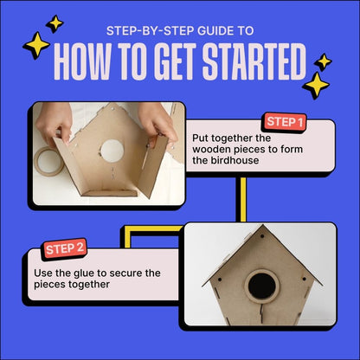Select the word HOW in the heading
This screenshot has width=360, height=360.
81,61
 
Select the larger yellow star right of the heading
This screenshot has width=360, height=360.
315,85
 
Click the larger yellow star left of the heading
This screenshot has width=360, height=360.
36,45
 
